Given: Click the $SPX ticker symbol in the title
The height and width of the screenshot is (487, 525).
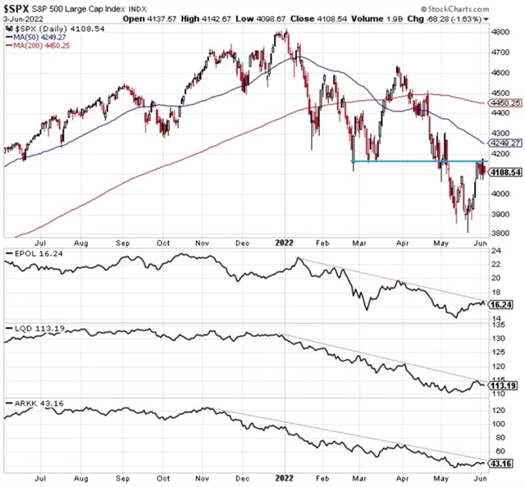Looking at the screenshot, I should (x=20, y=7).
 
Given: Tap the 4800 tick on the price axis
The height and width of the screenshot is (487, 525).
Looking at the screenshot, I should (x=501, y=33).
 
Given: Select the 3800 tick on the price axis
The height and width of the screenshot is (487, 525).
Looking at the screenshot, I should (x=501, y=234).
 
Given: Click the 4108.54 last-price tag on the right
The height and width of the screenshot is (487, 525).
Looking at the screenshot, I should (x=502, y=171).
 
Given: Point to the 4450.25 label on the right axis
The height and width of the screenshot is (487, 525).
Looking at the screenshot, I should (x=502, y=103).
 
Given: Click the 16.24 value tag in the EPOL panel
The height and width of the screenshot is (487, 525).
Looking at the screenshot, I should (x=502, y=304).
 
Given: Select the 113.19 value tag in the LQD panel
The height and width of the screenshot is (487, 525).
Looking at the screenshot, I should (x=502, y=384).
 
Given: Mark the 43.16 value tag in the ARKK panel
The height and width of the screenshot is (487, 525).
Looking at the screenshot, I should (x=502, y=464).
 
